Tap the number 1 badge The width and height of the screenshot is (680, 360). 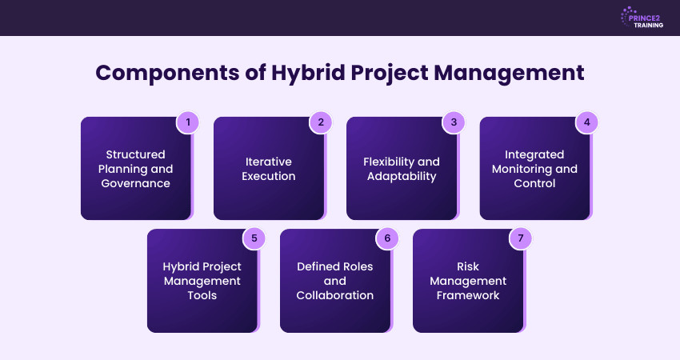(x=187, y=122)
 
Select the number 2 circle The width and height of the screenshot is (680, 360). (x=320, y=122)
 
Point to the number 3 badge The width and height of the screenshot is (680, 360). (x=453, y=122)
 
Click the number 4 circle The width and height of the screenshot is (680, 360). (x=586, y=122)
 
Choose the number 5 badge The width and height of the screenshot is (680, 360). (x=254, y=238)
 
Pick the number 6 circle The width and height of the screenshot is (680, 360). (x=386, y=238)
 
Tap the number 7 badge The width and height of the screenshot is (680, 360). (x=520, y=238)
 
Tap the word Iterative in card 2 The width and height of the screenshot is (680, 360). (x=269, y=161)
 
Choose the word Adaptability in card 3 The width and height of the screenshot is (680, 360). (x=402, y=176)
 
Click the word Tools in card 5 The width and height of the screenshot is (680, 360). (x=202, y=295)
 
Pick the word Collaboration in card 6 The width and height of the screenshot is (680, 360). (x=335, y=295)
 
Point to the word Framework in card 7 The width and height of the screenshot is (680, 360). (x=468, y=295)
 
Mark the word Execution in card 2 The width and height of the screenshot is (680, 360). (x=269, y=176)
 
